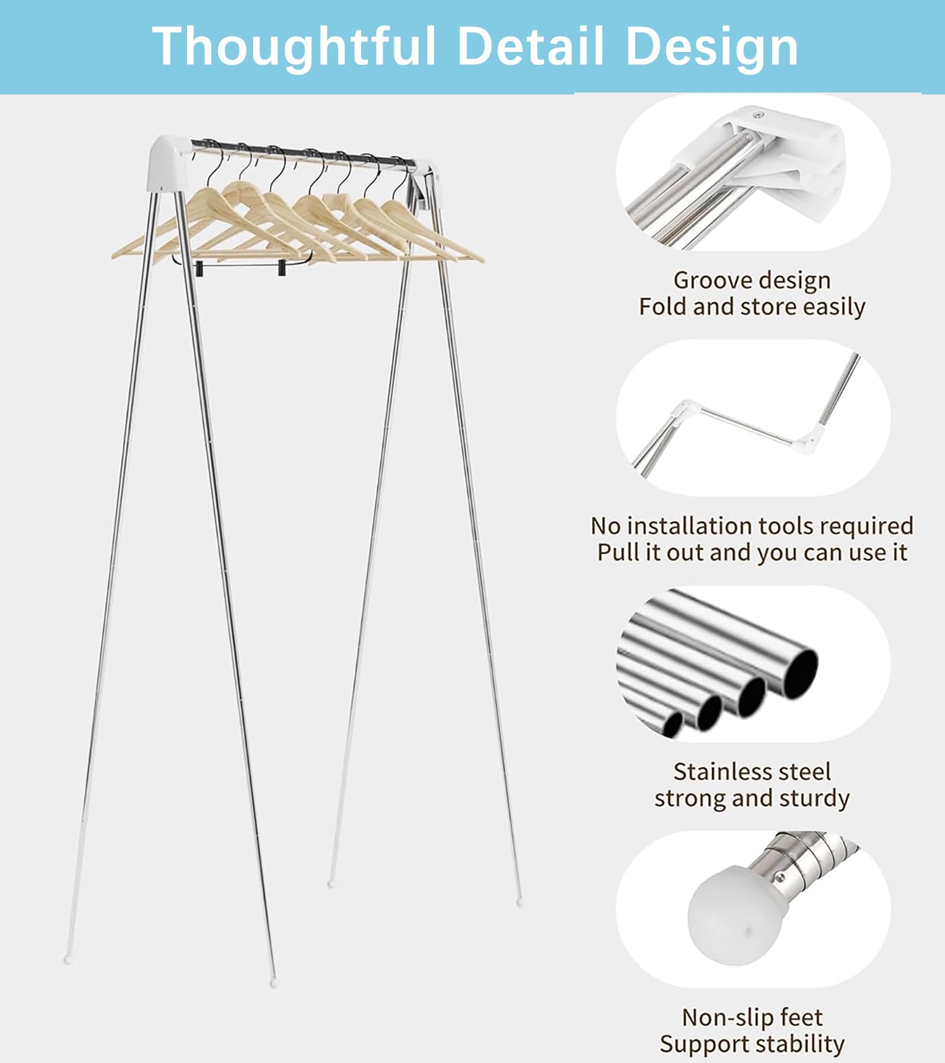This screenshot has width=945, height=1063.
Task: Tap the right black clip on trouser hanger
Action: tap(281, 269)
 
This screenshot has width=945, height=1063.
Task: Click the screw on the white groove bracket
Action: tap(759, 115)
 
